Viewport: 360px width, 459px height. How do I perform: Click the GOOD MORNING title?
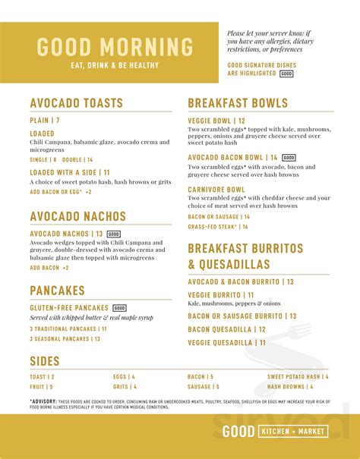[x=115, y=46]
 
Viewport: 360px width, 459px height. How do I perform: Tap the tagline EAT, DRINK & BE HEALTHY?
[x=115, y=65]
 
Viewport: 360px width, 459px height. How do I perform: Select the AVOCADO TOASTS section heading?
[x=76, y=103]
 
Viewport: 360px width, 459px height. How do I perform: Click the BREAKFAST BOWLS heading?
[x=238, y=103]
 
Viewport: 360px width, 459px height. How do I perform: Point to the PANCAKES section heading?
[x=58, y=290]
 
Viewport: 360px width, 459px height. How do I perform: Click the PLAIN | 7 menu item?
[x=45, y=121]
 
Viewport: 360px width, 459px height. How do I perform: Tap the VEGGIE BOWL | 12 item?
[x=216, y=121]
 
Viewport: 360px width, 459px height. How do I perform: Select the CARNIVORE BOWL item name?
[x=216, y=190]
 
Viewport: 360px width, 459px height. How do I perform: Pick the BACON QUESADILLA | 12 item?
[x=226, y=329]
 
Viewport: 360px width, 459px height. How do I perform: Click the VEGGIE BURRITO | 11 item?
[x=221, y=294]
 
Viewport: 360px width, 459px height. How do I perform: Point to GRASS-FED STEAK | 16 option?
[x=218, y=226]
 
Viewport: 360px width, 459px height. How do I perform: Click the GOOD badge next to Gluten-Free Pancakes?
[x=119, y=308]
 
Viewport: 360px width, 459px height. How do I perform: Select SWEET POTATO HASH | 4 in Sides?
[x=298, y=376]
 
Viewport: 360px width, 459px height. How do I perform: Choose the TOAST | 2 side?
[x=42, y=376]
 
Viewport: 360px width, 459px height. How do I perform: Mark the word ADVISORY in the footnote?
[x=43, y=401]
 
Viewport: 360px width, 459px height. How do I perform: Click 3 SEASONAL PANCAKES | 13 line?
[x=65, y=339]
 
